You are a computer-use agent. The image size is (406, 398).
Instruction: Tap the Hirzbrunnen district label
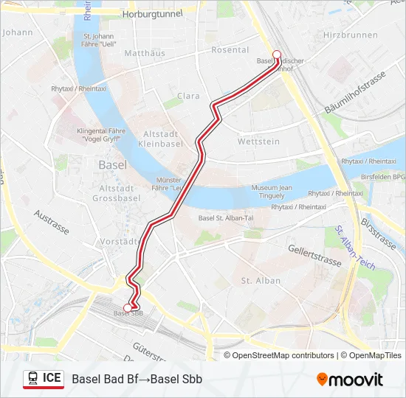pos(351,35)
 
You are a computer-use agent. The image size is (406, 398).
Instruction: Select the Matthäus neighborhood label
pos(144,53)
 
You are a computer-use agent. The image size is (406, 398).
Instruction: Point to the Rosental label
pos(230,50)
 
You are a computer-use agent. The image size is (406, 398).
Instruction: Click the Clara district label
pos(188,96)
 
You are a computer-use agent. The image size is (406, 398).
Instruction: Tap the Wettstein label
pos(258,141)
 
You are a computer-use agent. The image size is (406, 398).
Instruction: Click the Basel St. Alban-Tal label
pos(226,217)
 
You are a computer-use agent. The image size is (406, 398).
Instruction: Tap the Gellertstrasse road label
pos(315,254)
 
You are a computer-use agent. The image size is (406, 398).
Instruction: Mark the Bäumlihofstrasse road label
pos(355,94)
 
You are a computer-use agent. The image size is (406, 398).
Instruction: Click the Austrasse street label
pos(52,221)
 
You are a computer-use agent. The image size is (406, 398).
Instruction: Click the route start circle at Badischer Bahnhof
pos(277,53)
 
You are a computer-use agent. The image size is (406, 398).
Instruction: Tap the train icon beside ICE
pos(32,378)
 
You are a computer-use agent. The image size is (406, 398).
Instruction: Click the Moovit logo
pos(350,380)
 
